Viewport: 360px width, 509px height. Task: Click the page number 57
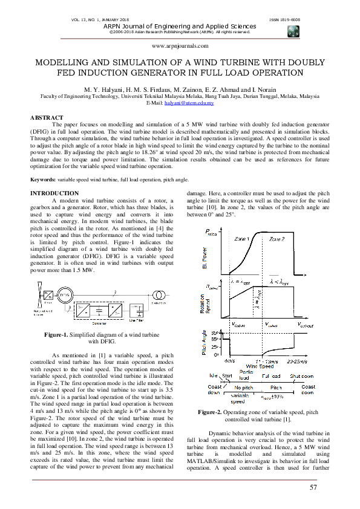(x=313, y=487)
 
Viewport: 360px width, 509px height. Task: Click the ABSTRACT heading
(x=47, y=117)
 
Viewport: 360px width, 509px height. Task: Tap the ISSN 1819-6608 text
(x=284, y=20)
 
